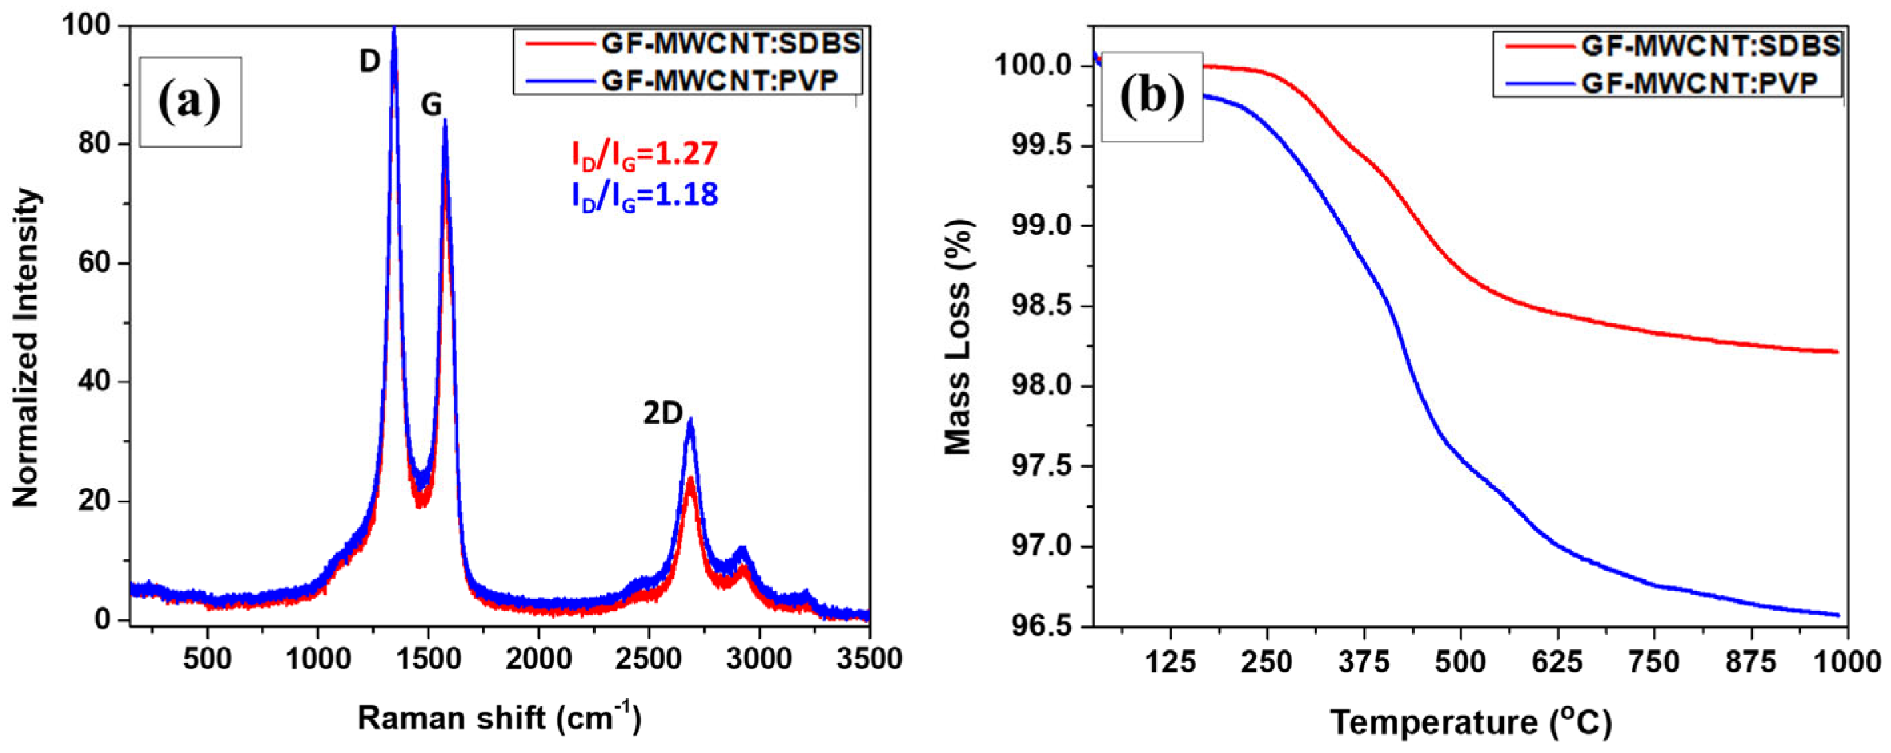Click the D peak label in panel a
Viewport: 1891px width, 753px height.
point(369,62)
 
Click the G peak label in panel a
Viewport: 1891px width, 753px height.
point(431,106)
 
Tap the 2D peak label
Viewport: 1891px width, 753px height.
point(663,414)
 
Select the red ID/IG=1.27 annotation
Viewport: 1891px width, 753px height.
point(645,154)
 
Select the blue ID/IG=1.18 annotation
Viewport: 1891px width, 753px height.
point(645,195)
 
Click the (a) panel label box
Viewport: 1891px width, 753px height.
point(190,102)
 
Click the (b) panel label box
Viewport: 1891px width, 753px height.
point(1152,96)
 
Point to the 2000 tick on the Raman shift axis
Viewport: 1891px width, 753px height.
point(539,659)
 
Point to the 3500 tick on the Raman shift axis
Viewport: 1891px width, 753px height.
point(870,659)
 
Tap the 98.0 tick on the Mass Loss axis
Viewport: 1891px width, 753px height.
point(1043,386)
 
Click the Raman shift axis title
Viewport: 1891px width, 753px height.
point(499,718)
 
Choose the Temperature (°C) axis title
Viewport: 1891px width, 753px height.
point(1470,722)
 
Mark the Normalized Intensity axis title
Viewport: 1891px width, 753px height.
point(27,348)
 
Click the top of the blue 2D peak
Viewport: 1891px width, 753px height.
point(690,420)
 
